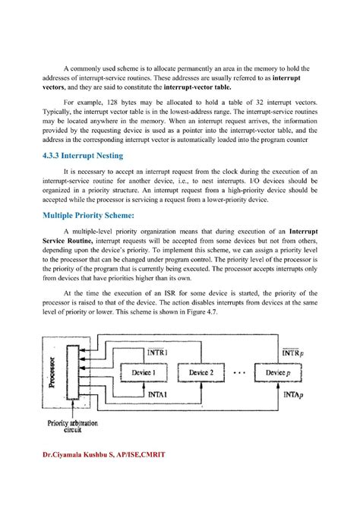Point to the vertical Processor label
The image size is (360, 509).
click(52, 372)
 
